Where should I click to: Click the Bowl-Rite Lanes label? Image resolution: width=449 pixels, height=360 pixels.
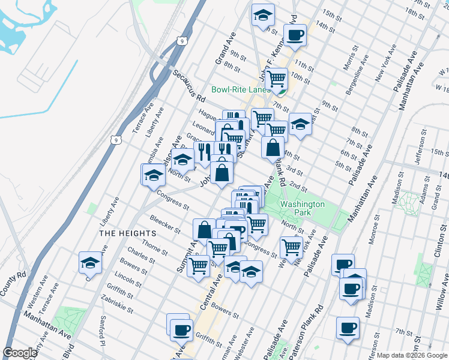tap(238, 90)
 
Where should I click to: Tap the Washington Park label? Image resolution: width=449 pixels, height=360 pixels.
tap(302, 209)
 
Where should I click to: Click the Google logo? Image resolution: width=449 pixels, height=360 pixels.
tap(20, 353)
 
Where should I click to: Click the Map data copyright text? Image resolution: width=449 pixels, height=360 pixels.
tap(411, 355)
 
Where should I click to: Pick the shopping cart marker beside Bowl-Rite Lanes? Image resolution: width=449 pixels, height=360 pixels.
tap(276, 78)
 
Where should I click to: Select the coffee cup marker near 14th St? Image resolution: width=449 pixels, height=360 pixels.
tap(294, 35)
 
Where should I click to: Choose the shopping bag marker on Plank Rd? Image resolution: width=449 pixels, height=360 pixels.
tap(273, 147)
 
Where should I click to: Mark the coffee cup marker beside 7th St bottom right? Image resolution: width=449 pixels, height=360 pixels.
tap(348, 328)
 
